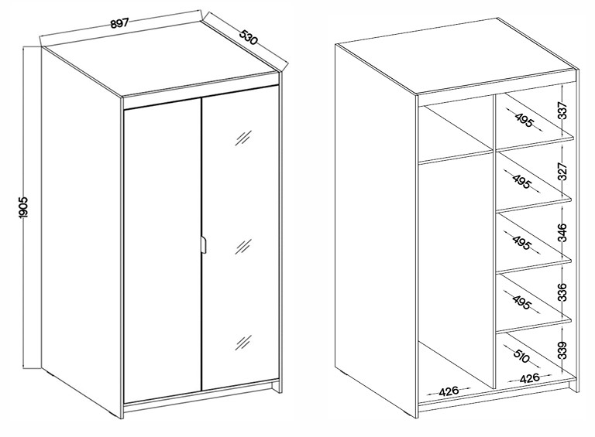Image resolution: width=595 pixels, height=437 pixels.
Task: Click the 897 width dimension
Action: pyautogui.click(x=120, y=23)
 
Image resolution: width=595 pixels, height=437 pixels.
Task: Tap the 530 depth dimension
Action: pyautogui.click(x=249, y=36)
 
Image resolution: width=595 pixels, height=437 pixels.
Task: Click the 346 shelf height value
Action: pyautogui.click(x=562, y=233)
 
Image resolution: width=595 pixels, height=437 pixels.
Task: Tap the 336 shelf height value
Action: pyautogui.click(x=562, y=292)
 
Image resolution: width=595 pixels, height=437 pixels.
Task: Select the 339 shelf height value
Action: pyautogui.click(x=562, y=350)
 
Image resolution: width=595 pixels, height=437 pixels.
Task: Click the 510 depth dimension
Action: pyautogui.click(x=521, y=356)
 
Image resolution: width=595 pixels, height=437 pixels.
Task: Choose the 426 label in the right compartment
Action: pyautogui.click(x=529, y=378)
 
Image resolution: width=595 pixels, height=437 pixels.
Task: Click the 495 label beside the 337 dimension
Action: pyautogui.click(x=524, y=121)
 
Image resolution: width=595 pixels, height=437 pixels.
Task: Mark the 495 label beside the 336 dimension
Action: pyautogui.click(x=521, y=302)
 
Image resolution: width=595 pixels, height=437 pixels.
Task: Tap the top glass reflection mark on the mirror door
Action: pyautogui.click(x=242, y=138)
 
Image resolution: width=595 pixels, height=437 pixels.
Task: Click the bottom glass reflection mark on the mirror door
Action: pyautogui.click(x=242, y=343)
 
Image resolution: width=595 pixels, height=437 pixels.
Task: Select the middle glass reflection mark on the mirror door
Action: pyautogui.click(x=242, y=246)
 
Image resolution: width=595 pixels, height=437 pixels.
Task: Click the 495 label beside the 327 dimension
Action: pyautogui.click(x=521, y=182)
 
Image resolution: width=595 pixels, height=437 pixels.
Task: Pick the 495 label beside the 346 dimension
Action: pyautogui.click(x=521, y=243)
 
